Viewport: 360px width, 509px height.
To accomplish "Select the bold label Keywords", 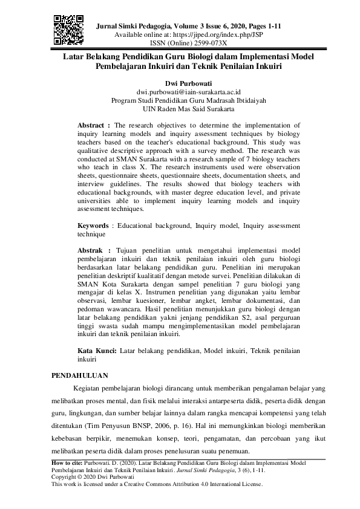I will point(94,225).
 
